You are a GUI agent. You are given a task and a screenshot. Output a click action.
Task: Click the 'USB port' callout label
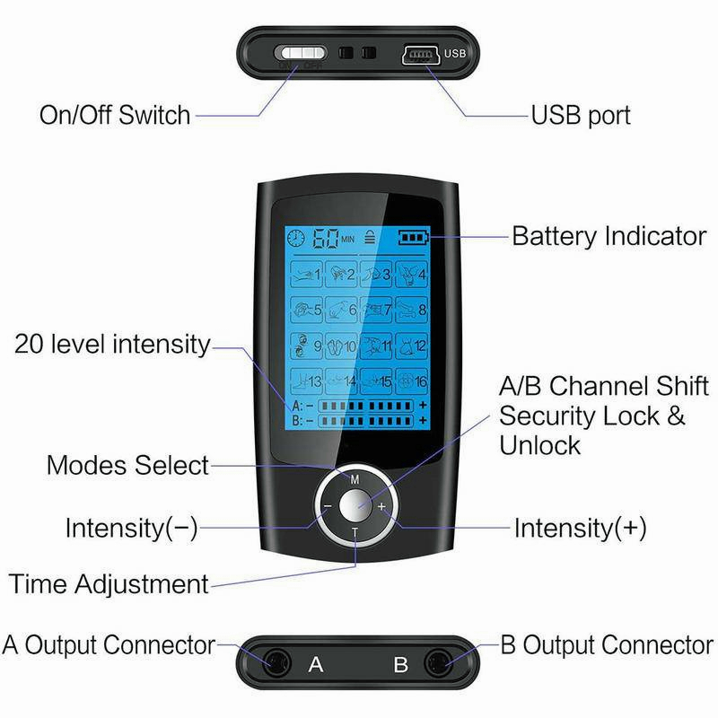(581, 116)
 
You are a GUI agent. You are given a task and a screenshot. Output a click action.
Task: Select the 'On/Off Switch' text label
(115, 116)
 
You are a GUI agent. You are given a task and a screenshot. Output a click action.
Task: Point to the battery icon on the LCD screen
(414, 238)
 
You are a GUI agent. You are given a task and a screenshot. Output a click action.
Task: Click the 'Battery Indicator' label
(609, 237)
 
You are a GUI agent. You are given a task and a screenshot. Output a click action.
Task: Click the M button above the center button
(355, 477)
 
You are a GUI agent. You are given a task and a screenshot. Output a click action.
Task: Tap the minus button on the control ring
(327, 506)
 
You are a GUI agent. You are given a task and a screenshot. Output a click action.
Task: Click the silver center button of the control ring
(355, 506)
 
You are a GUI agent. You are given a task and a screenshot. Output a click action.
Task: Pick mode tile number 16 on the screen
(411, 381)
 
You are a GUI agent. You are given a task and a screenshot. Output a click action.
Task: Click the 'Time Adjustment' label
(109, 584)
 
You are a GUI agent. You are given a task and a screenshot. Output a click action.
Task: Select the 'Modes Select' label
(127, 466)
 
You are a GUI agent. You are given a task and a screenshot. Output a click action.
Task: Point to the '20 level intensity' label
(112, 345)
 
